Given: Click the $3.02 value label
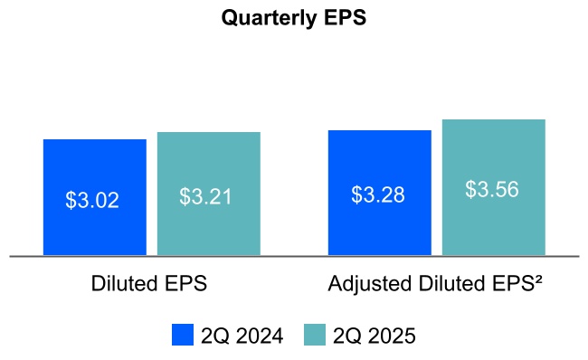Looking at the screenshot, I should tap(92, 200).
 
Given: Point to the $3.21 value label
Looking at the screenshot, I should tap(206, 196).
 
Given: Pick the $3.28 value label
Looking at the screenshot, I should tap(378, 194).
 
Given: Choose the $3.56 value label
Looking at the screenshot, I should tap(492, 190).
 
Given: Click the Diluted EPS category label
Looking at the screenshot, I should tap(149, 284).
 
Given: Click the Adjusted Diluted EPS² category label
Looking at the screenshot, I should tap(435, 284).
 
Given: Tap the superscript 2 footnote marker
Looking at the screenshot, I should tap(536, 279).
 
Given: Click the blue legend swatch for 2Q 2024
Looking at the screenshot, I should tap(183, 336).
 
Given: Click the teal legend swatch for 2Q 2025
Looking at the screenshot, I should tap(314, 336).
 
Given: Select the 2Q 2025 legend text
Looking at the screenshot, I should tap(374, 336).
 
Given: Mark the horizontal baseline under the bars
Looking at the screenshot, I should tap(294, 257).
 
